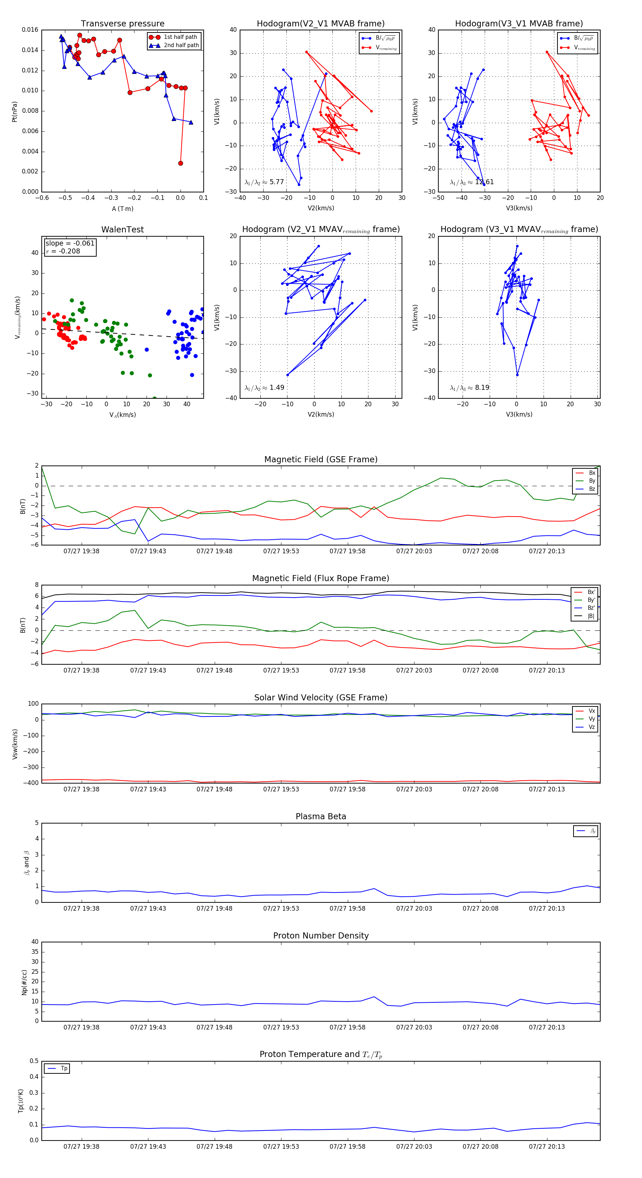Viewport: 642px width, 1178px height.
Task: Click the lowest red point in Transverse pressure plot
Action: [180, 163]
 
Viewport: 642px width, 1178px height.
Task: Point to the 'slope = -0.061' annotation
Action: [70, 243]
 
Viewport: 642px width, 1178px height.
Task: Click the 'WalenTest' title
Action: [122, 230]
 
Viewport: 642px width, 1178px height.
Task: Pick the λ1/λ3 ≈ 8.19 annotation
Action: [469, 388]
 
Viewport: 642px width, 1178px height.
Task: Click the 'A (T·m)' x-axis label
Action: [122, 208]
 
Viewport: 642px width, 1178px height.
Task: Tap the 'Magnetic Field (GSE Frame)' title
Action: [321, 459]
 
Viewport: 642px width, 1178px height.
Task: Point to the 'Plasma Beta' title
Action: [321, 817]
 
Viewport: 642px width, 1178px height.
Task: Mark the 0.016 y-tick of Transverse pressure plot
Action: [30, 30]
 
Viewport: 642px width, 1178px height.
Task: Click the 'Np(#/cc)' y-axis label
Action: [24, 982]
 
